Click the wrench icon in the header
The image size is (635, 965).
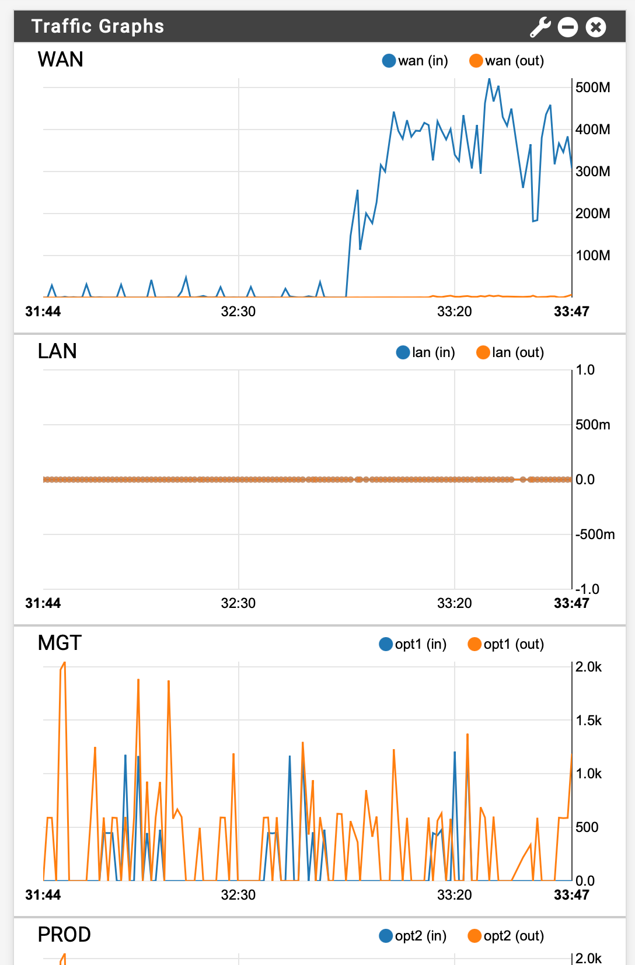pyautogui.click(x=540, y=27)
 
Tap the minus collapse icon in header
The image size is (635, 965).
pyautogui.click(x=567, y=27)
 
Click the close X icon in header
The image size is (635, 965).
pyautogui.click(x=595, y=27)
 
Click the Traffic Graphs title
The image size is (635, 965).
pyautogui.click(x=97, y=26)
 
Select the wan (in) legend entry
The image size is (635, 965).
pyautogui.click(x=415, y=61)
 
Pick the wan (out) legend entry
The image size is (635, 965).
pyautogui.click(x=507, y=61)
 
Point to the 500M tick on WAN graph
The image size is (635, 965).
pyautogui.click(x=592, y=88)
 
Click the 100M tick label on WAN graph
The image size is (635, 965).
pyautogui.click(x=592, y=256)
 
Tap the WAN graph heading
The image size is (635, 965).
pyautogui.click(x=60, y=60)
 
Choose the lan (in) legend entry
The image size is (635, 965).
pyautogui.click(x=425, y=352)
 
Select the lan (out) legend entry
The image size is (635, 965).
pyautogui.click(x=510, y=352)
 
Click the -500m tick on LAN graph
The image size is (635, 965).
pyautogui.click(x=595, y=534)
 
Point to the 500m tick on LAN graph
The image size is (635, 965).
pyautogui.click(x=592, y=425)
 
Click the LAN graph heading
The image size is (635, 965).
pyautogui.click(x=57, y=351)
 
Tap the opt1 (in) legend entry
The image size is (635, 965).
pyautogui.click(x=413, y=644)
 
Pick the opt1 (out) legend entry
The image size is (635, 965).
pyautogui.click(x=506, y=644)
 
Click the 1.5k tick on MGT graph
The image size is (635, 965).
pyautogui.click(x=588, y=721)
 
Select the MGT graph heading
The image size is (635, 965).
pyautogui.click(x=60, y=643)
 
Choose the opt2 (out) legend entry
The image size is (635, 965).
pyautogui.click(x=506, y=936)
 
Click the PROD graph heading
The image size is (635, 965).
pyautogui.click(x=64, y=935)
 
